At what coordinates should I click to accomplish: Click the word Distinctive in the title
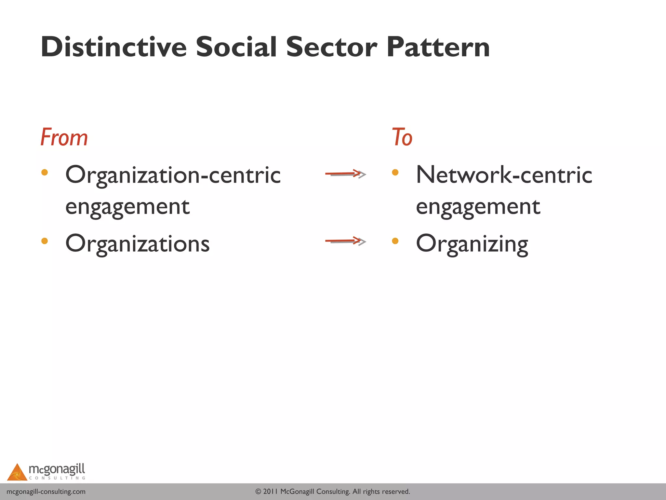113,47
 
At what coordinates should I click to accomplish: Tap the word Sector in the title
331,47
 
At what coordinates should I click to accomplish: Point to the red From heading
64,137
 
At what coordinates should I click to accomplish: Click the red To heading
402,137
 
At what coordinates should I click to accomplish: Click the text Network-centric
504,175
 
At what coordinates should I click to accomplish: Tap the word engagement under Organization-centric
127,207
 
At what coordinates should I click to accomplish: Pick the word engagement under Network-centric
478,207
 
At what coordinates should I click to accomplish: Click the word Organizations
137,244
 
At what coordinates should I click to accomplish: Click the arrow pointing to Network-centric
345,174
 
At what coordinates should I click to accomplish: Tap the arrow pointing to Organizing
345,241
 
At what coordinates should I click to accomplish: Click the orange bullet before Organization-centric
45,172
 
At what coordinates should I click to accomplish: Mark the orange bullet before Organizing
395,241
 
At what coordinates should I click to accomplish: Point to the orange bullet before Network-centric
395,172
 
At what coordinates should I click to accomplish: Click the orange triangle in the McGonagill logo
17,473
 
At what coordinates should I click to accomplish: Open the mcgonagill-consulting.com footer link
46,492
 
